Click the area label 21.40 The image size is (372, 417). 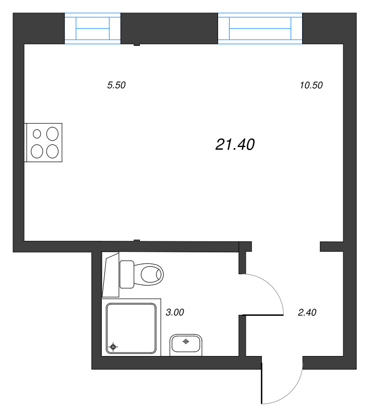coord(235,145)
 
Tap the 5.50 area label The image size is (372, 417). coord(116,86)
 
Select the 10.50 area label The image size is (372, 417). coord(311,86)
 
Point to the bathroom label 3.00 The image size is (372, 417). coord(175,313)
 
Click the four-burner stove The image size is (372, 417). coord(44,142)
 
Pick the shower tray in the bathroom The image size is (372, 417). coord(131,329)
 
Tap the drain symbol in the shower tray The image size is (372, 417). coord(113,347)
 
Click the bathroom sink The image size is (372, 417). coord(186,345)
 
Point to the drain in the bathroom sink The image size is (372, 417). coord(185,342)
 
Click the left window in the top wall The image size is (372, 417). coord(93,29)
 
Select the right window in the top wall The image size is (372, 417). coord(260,29)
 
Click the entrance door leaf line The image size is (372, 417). coord(262,383)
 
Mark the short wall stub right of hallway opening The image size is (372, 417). coord(331,247)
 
